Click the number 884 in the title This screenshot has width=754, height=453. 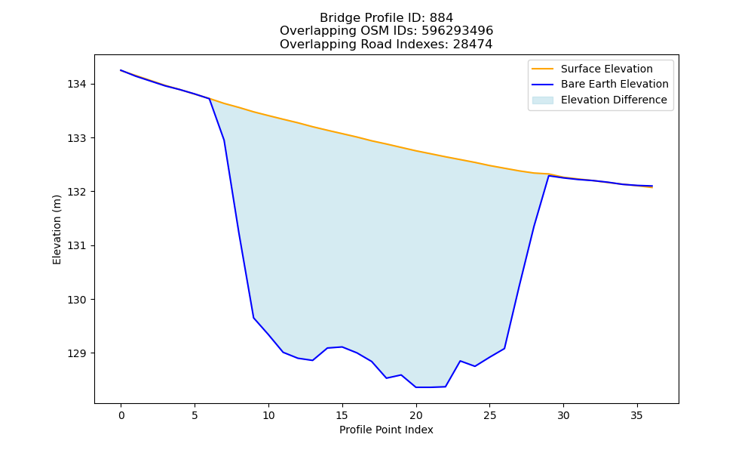coord(441,18)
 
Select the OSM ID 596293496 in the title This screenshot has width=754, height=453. coord(458,31)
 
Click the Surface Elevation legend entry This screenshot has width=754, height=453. coord(592,69)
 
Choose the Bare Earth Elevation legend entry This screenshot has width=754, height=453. coord(600,85)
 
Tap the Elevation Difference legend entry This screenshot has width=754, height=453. coord(599,100)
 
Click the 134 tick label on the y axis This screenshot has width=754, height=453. coord(76,85)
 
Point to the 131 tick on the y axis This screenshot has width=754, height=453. coord(76,246)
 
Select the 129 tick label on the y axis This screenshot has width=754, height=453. coord(76,354)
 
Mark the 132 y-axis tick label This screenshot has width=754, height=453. coord(76,192)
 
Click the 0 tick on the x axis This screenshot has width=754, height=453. coord(121,415)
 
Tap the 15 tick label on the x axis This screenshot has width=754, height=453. coord(342,415)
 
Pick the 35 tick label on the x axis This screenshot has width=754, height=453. coord(637,415)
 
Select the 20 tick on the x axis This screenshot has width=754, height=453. coord(416,415)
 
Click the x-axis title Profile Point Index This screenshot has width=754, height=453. coord(386,430)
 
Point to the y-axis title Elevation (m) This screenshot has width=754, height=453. coord(57,230)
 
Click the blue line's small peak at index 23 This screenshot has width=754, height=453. coord(460,361)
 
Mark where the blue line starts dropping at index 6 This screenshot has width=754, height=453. coord(209,99)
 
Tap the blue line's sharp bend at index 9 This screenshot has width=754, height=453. coord(253,318)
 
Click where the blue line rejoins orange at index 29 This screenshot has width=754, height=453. coord(549,176)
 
